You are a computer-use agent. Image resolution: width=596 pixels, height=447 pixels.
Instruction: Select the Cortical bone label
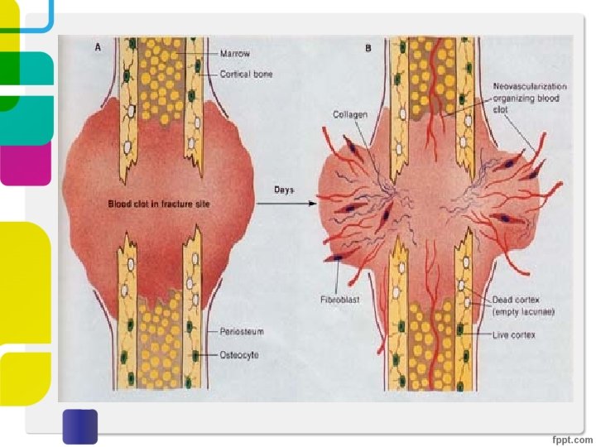pyautogui.click(x=246, y=74)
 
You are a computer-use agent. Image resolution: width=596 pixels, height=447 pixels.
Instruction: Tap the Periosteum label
pyautogui.click(x=241, y=332)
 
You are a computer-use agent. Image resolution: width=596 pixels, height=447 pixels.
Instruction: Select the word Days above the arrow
pyautogui.click(x=284, y=190)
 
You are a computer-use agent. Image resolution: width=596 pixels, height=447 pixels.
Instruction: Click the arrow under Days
pyautogui.click(x=294, y=204)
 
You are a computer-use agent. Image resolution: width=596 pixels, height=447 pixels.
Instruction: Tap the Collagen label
pyautogui.click(x=350, y=113)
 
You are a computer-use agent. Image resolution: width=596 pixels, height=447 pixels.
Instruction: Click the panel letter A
pyautogui.click(x=98, y=48)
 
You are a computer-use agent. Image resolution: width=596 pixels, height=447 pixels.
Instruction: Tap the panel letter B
pyautogui.click(x=369, y=48)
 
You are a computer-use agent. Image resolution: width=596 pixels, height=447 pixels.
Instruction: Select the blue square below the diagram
pyautogui.click(x=80, y=425)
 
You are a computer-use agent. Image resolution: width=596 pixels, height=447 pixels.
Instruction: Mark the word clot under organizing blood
pyautogui.click(x=502, y=108)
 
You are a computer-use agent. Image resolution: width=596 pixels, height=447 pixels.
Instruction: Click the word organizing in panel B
pyautogui.click(x=515, y=98)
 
